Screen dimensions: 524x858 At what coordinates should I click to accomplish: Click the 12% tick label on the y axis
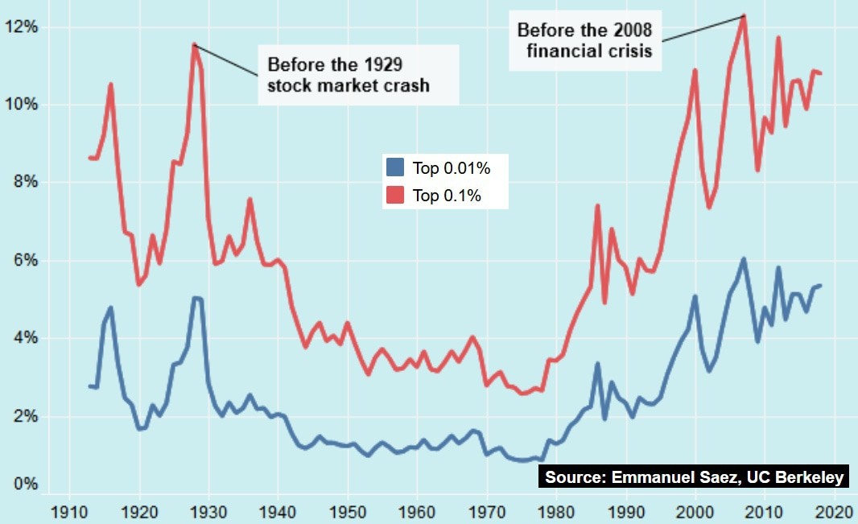[x=21, y=27]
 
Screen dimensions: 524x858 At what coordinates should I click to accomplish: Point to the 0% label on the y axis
[x=24, y=485]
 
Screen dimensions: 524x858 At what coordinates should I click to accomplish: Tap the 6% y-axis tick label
[x=24, y=261]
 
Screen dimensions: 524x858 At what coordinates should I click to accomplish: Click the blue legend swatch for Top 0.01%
[x=394, y=167]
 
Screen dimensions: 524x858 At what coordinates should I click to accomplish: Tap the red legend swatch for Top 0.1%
[x=394, y=195]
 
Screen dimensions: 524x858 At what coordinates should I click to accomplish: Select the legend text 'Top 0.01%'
[x=452, y=168]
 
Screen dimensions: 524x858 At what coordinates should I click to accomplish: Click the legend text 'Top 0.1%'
[x=447, y=196]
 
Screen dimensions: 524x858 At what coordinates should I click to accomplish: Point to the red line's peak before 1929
[x=194, y=44]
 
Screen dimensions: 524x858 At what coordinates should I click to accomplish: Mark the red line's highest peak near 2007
[x=744, y=16]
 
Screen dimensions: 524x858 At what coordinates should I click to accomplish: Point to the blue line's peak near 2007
[x=744, y=259]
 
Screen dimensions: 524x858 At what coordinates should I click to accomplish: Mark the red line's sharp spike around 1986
[x=597, y=206]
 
